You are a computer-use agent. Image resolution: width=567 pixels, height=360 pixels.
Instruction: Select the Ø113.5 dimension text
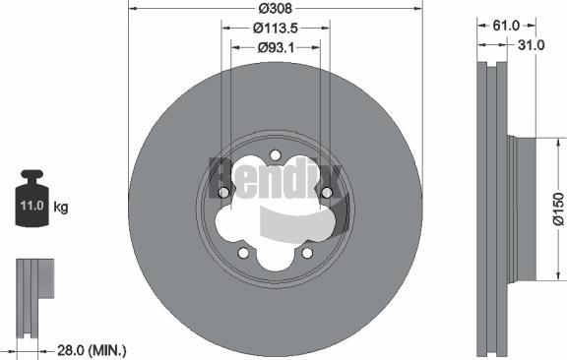click(x=276, y=29)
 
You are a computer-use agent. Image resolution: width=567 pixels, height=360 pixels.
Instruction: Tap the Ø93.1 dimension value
click(x=278, y=46)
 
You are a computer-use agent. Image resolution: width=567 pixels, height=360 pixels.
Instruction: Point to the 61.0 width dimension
click(x=505, y=28)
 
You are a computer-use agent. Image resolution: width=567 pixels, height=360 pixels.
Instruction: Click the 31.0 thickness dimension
click(x=533, y=45)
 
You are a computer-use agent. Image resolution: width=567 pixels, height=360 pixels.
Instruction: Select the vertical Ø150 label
click(x=556, y=210)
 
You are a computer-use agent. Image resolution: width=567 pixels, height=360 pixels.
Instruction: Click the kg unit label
click(x=61, y=208)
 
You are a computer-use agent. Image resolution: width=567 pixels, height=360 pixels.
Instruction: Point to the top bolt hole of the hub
click(x=276, y=154)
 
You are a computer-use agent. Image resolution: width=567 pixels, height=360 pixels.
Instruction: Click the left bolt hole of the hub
click(x=224, y=192)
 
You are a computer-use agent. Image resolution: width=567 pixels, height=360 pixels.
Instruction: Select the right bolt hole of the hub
click(x=326, y=192)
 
